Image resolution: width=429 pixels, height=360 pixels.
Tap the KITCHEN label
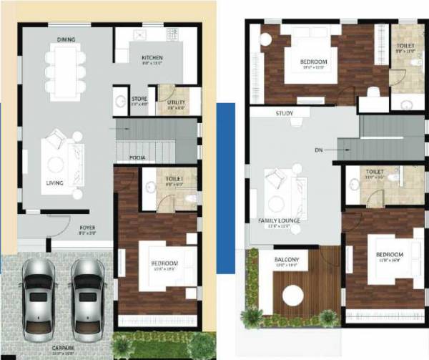(x=152, y=58)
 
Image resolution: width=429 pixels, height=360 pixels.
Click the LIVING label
(x=54, y=183)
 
